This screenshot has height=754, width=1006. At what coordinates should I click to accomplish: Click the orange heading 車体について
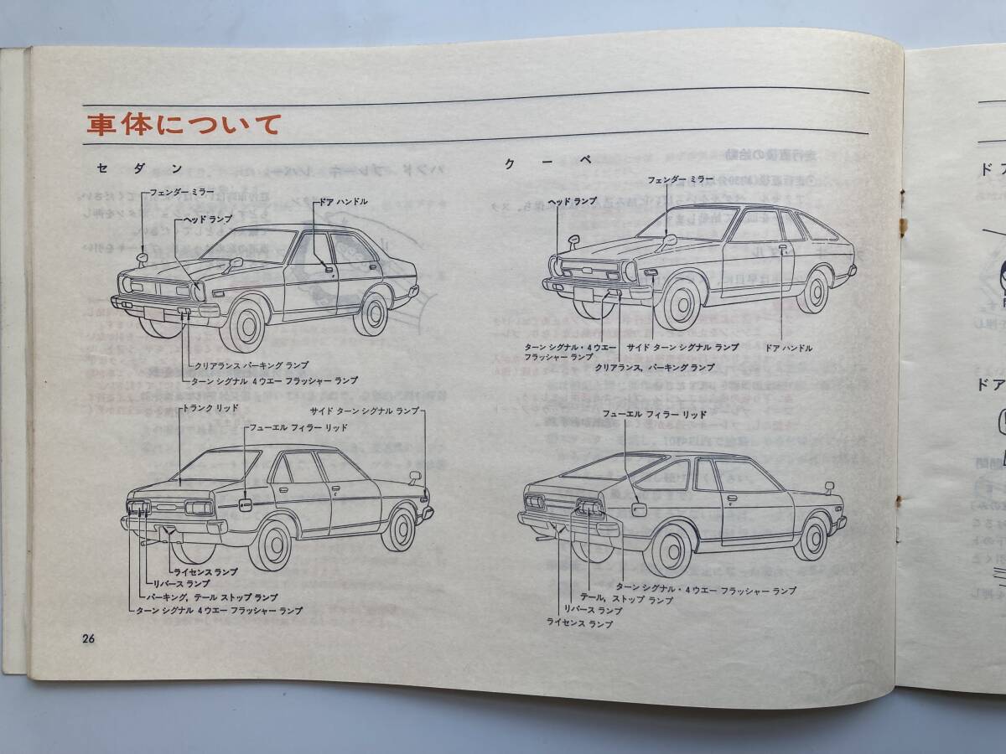tap(183, 125)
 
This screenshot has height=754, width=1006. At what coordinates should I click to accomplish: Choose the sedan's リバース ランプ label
tap(181, 583)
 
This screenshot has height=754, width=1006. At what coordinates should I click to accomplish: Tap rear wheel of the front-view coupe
tap(811, 290)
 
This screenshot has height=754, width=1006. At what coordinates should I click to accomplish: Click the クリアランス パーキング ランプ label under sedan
tap(251, 365)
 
